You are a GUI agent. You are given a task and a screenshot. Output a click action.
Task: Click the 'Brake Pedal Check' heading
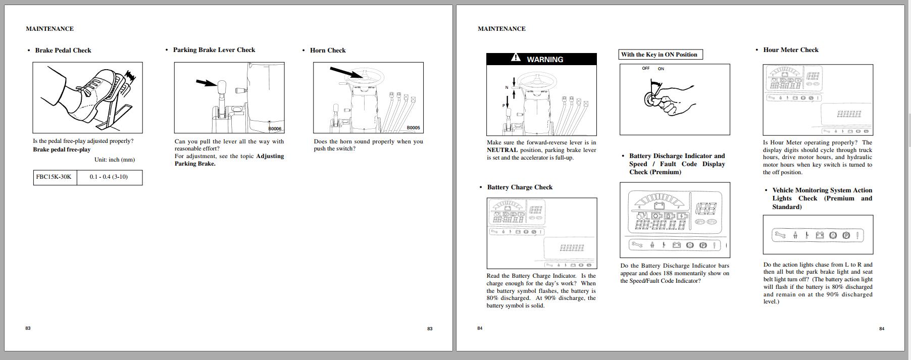[x=63, y=50]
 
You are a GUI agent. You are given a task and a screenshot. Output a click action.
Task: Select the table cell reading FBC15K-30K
[x=54, y=177]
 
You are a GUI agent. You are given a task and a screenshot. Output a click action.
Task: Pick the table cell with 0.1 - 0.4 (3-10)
[x=109, y=177]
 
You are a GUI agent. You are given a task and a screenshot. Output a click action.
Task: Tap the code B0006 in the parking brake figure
[x=275, y=129]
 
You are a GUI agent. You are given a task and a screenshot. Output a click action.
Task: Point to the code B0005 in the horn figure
[x=413, y=128]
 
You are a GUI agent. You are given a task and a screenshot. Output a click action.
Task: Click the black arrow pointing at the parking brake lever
[x=205, y=83]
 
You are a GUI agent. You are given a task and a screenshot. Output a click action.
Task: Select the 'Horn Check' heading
[x=328, y=50]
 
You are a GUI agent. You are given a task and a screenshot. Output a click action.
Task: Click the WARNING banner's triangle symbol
[x=516, y=58]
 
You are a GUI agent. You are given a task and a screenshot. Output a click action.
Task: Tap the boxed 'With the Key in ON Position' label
[x=659, y=55]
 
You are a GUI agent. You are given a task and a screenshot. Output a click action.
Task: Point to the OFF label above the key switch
[x=645, y=69]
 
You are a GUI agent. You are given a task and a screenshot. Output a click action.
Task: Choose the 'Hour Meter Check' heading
[x=791, y=50]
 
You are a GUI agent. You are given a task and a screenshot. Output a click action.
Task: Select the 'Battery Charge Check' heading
[x=520, y=187]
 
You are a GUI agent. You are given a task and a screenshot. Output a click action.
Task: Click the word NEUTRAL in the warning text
[x=502, y=150]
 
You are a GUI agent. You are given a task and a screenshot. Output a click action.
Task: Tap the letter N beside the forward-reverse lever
[x=507, y=88]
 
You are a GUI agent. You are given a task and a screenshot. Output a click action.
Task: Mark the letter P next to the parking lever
[x=503, y=106]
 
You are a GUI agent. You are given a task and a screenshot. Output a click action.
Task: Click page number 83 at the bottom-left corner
[x=28, y=328]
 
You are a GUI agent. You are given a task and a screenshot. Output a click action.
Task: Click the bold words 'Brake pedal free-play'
[x=62, y=149]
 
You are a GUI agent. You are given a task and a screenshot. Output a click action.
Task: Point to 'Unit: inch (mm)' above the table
[x=115, y=160]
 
